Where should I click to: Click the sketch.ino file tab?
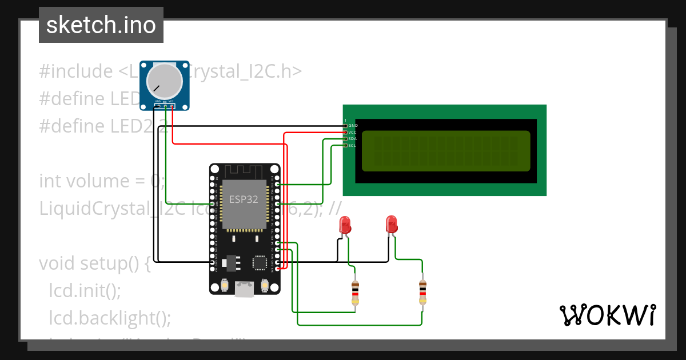[101, 25]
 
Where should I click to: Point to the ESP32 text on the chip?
[244, 200]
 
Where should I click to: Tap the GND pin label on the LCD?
[353, 125]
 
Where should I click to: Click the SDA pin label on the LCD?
[353, 139]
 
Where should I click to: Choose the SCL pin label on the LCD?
[353, 146]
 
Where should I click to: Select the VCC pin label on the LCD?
[353, 132]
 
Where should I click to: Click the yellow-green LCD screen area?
[446, 151]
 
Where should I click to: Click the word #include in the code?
[76, 71]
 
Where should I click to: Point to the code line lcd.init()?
[85, 290]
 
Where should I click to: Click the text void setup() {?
[94, 263]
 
